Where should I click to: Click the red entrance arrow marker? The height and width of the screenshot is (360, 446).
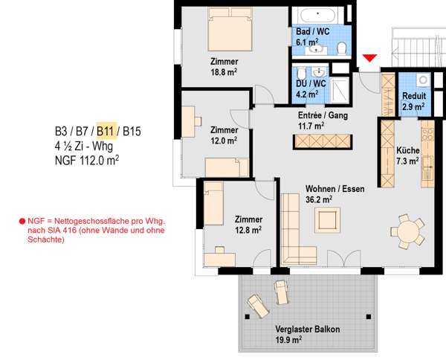(369, 58)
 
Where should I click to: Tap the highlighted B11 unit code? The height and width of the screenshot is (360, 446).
(106, 131)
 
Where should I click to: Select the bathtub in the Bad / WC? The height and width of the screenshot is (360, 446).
(317, 16)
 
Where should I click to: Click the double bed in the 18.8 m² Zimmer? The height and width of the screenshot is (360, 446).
(230, 29)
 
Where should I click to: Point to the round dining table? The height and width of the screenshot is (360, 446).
(407, 231)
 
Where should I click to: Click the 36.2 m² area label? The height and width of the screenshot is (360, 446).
(319, 199)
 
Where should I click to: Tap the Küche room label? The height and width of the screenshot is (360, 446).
(408, 150)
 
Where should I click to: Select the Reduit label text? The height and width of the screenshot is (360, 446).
(414, 96)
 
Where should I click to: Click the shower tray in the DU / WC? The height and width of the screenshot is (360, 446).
(340, 90)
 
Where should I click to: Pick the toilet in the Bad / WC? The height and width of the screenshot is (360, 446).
(341, 48)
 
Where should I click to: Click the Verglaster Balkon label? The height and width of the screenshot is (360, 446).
(308, 330)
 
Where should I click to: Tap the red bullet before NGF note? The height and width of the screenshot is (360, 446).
(22, 221)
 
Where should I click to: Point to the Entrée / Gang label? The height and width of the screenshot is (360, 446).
(323, 115)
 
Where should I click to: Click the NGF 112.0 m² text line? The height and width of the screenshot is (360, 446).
(87, 161)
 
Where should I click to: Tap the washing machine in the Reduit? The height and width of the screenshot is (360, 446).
(424, 80)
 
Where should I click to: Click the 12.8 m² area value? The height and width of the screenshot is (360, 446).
(248, 230)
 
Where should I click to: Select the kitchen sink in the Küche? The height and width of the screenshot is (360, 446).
(427, 165)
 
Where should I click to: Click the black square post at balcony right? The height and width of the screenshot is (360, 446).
(369, 316)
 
